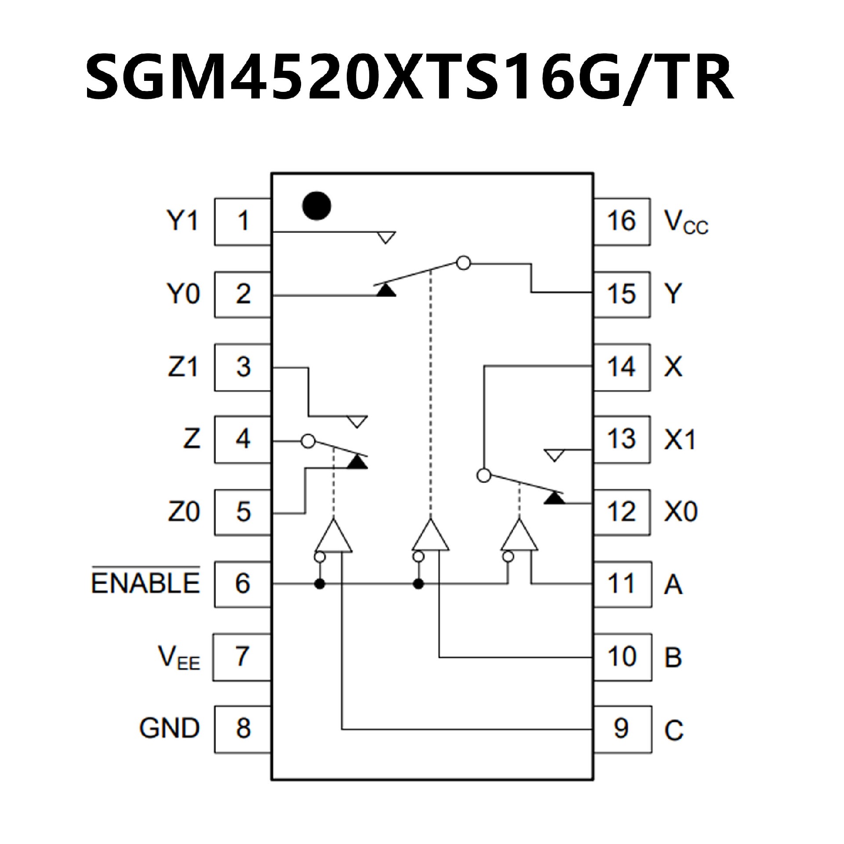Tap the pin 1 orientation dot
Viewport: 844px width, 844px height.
[316, 206]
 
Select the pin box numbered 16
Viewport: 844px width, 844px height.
[622, 221]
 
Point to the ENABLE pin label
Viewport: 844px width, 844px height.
[146, 583]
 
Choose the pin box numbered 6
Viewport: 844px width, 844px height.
[242, 584]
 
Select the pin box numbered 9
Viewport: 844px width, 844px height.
[622, 728]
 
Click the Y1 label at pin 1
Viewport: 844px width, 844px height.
[182, 221]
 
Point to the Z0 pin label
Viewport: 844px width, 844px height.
[184, 512]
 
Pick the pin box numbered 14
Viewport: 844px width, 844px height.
[622, 367]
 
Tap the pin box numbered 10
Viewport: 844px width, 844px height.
[622, 657]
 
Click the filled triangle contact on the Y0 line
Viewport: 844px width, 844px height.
[386, 290]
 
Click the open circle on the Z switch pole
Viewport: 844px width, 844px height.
[309, 441]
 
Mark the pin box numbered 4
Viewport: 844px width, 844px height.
[242, 439]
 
